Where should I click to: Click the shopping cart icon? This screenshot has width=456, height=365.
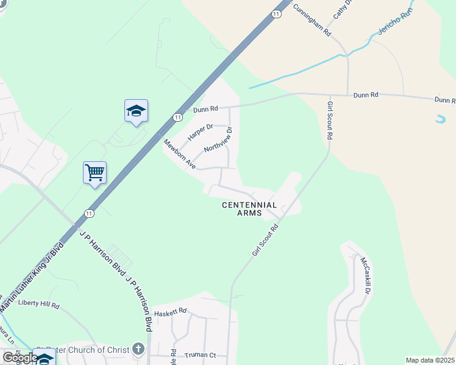tap(94, 173)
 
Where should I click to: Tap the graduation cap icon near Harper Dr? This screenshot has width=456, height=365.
tap(136, 111)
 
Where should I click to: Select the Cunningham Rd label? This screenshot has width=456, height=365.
tap(312, 19)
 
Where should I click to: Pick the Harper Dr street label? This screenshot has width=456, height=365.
tap(200, 132)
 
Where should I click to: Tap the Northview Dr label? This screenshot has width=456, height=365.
tap(219, 139)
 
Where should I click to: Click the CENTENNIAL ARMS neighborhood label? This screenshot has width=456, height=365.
tap(249, 209)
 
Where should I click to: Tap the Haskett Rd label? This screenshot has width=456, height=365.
tap(169, 311)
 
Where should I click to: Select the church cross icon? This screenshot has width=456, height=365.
tap(138, 349)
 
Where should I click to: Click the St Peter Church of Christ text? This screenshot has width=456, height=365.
tap(82, 349)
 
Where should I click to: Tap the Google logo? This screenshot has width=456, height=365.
tap(20, 358)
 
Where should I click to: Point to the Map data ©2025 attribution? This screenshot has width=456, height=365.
tap(430, 360)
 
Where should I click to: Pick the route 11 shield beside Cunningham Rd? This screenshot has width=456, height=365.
tap(277, 13)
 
